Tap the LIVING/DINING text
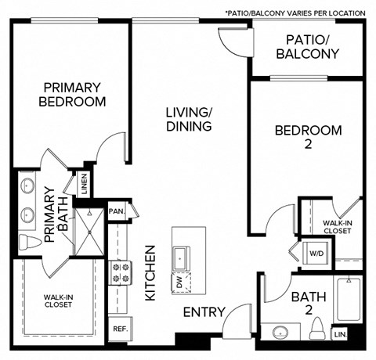pyautogui.click(x=189, y=118)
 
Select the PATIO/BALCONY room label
pyautogui.click(x=308, y=47)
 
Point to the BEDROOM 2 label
pyautogui.click(x=308, y=137)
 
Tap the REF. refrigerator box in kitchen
pyautogui.click(x=120, y=329)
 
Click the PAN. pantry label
pyautogui.click(x=117, y=211)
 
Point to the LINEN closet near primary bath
pyautogui.click(x=83, y=185)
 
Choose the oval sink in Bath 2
pyautogui.click(x=281, y=332)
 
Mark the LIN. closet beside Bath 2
pyautogui.click(x=341, y=334)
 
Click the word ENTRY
pyautogui.click(x=200, y=313)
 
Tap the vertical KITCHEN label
pyautogui.click(x=150, y=273)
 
